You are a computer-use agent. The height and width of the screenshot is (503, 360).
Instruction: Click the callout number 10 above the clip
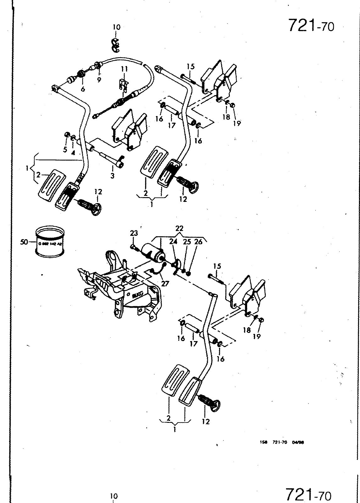point(116,27)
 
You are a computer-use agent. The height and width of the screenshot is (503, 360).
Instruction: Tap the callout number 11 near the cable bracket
point(124,69)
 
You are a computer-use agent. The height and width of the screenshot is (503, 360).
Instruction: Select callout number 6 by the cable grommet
point(83,89)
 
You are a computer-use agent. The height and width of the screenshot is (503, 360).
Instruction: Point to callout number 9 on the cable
point(99,80)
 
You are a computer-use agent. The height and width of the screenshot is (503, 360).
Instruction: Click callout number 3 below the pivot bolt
point(113,176)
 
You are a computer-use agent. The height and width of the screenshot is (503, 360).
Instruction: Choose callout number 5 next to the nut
point(65,150)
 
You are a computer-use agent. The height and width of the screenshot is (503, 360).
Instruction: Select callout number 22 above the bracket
point(179,229)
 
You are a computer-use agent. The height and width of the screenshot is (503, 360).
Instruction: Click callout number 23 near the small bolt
point(134,233)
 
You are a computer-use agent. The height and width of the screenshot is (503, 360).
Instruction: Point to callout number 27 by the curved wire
point(165,283)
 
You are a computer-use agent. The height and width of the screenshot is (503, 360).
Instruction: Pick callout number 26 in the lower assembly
point(198,242)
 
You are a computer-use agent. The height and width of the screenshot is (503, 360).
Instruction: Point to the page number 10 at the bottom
point(114,496)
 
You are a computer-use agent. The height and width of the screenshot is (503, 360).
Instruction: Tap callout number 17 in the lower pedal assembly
point(194,344)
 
